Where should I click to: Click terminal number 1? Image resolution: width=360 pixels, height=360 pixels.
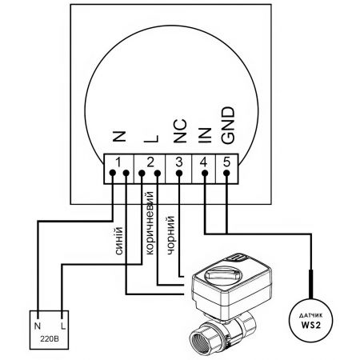tap(118, 162)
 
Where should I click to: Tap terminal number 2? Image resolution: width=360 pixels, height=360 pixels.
tap(150, 162)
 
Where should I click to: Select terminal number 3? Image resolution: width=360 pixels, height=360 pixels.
tap(179, 162)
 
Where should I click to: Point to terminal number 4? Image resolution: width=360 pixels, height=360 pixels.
tap(204, 162)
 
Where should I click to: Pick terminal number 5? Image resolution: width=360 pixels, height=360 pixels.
tap(226, 162)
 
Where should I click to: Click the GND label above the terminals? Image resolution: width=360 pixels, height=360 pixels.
tap(228, 126)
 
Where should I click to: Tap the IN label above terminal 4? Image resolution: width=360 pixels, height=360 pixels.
tap(205, 135)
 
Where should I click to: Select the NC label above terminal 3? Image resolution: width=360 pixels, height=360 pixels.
tap(180, 131)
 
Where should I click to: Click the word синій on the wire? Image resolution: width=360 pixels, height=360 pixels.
tap(119, 241)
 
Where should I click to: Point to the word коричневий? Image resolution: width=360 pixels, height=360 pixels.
tap(150, 223)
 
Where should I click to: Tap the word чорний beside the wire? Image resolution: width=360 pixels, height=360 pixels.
tap(170, 235)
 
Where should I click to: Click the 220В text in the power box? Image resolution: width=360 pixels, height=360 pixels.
tap(50, 339)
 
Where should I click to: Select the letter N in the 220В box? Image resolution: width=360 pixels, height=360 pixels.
tap(38, 326)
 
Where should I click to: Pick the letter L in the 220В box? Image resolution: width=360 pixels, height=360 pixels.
tap(63, 326)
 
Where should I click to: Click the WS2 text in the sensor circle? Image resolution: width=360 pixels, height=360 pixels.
tap(311, 325)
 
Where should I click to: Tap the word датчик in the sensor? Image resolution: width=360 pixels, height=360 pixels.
tap(311, 316)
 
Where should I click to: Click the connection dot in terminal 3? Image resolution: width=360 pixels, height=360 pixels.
tap(179, 174)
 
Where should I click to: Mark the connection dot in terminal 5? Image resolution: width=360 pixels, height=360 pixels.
tap(226, 174)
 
